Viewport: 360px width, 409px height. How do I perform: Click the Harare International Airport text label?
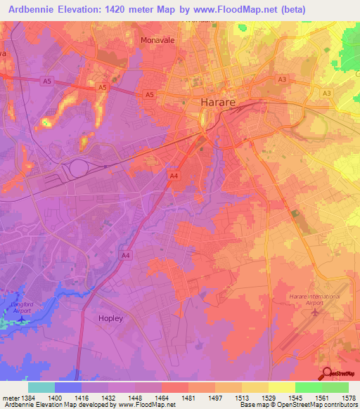point(314,301)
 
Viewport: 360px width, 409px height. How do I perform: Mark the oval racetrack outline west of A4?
point(78,168)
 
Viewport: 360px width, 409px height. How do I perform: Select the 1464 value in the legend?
point(161,398)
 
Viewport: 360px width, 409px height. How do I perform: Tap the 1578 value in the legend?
point(347,398)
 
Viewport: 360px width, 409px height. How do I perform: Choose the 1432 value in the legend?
point(108,398)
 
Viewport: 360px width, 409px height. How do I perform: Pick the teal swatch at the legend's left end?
point(41,387)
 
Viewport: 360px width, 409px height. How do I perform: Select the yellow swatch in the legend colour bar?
point(281,387)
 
